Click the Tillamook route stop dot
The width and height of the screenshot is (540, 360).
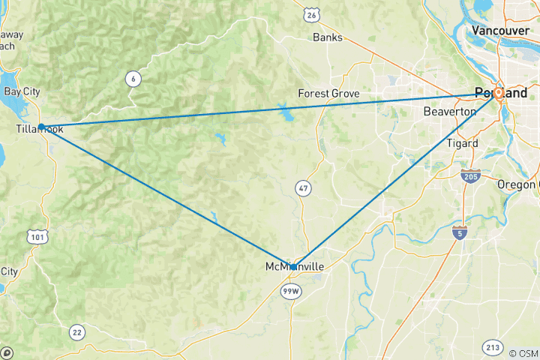(x=41, y=127)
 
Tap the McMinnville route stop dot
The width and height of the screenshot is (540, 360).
(x=293, y=266)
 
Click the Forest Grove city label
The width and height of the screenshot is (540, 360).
(x=328, y=94)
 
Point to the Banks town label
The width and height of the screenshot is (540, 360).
(x=327, y=37)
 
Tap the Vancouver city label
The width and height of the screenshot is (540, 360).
(x=501, y=30)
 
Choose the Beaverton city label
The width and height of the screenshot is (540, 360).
(x=450, y=111)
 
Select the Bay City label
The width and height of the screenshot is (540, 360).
(x=22, y=91)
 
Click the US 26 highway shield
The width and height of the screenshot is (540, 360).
(x=311, y=15)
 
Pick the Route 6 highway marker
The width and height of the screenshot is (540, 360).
(x=132, y=79)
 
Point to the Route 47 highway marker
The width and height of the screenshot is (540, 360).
(x=302, y=188)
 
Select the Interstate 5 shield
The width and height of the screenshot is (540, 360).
(x=459, y=233)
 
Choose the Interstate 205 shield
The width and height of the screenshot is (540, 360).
(x=471, y=175)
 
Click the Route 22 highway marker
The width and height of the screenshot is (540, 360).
(x=76, y=331)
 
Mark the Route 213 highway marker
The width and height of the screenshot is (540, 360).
(x=492, y=347)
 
